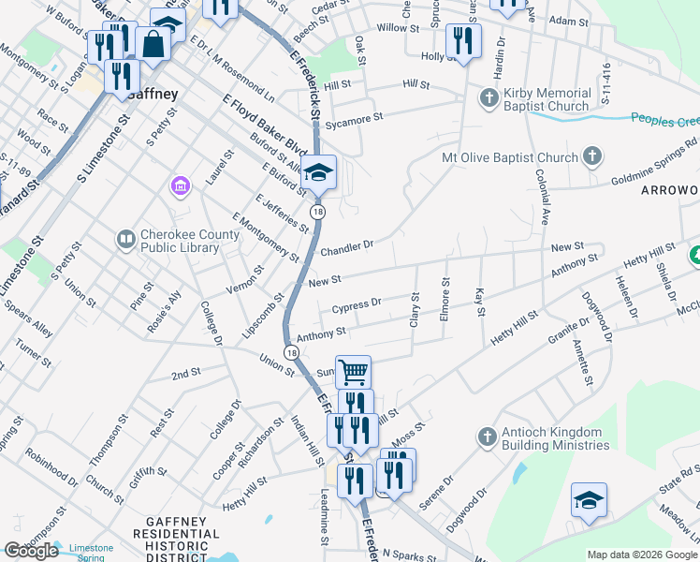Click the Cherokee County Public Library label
point(180,242)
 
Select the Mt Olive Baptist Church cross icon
point(591,156)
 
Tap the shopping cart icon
point(353,372)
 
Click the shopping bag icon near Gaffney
point(152,42)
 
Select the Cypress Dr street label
point(357,304)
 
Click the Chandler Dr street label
point(347,248)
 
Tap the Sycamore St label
point(354,119)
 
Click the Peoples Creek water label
point(665,121)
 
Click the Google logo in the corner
point(31,550)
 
